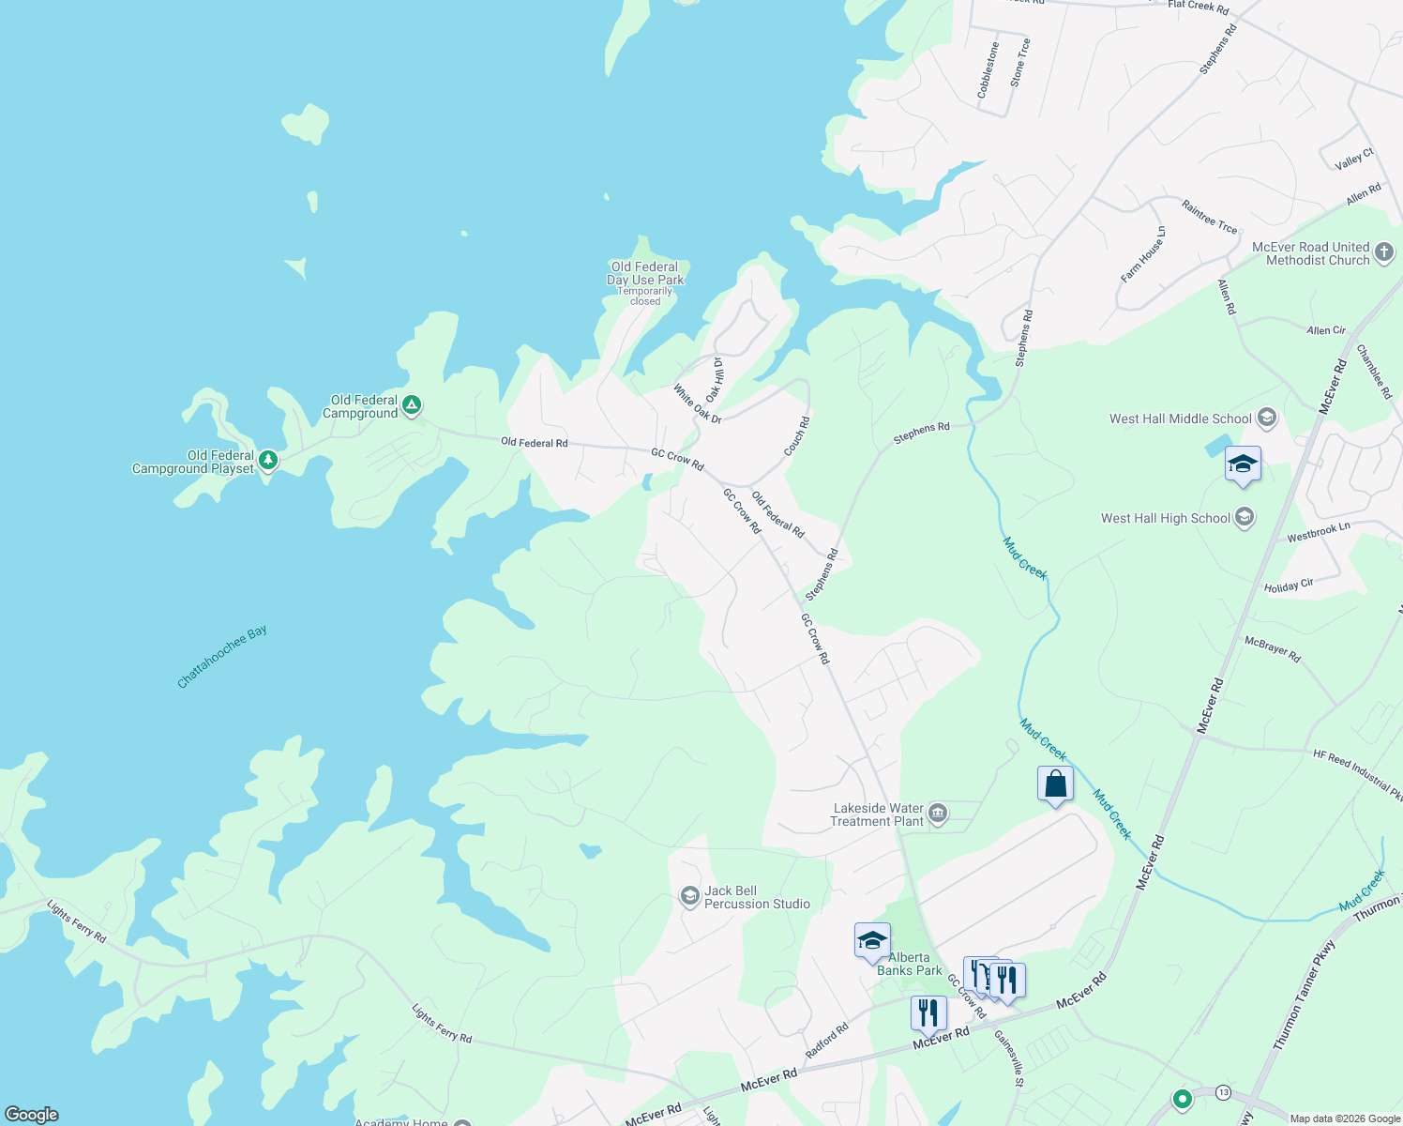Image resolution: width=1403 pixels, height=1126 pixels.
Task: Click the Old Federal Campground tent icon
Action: pos(411,406)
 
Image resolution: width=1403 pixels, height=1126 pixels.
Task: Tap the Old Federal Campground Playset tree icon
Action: pos(268,460)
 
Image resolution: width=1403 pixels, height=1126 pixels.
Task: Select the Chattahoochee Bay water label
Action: pos(222,657)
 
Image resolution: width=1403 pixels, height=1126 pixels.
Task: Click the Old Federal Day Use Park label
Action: pos(645,273)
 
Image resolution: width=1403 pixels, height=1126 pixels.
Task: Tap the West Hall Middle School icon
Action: pos(1267,418)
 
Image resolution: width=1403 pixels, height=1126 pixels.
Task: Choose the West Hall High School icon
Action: pos(1245,517)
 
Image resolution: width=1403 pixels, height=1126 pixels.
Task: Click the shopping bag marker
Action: pos(1055,784)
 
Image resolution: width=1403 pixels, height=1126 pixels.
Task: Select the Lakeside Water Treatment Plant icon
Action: pos(938,812)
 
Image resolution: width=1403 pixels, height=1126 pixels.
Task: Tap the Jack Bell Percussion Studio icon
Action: pos(689,896)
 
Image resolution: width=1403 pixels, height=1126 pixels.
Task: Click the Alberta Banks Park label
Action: pos(909,965)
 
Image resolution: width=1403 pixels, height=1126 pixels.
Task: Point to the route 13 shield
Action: pos(1223,1092)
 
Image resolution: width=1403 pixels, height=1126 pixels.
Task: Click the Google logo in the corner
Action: pos(31,1114)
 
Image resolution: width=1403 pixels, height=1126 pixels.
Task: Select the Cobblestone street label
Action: pos(988,70)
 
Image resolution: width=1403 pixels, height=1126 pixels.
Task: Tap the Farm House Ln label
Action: pos(1142,254)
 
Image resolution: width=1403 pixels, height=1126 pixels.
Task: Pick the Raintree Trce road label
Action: pos(1209,217)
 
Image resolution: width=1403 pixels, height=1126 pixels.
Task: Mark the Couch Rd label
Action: pos(796,436)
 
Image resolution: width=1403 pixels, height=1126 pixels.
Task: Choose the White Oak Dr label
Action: pos(697,403)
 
